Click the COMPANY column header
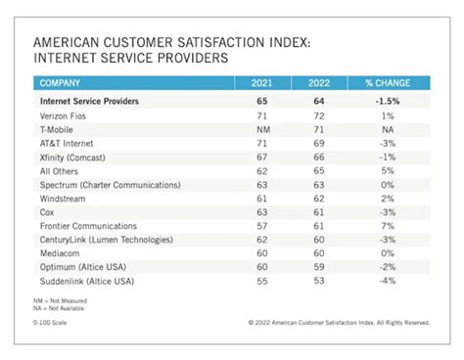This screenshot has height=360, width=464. [x=62, y=83]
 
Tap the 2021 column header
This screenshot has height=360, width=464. [x=262, y=83]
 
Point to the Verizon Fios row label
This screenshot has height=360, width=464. [x=65, y=114]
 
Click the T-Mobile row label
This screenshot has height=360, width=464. [x=59, y=128]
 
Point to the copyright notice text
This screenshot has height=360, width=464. [x=338, y=320]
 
